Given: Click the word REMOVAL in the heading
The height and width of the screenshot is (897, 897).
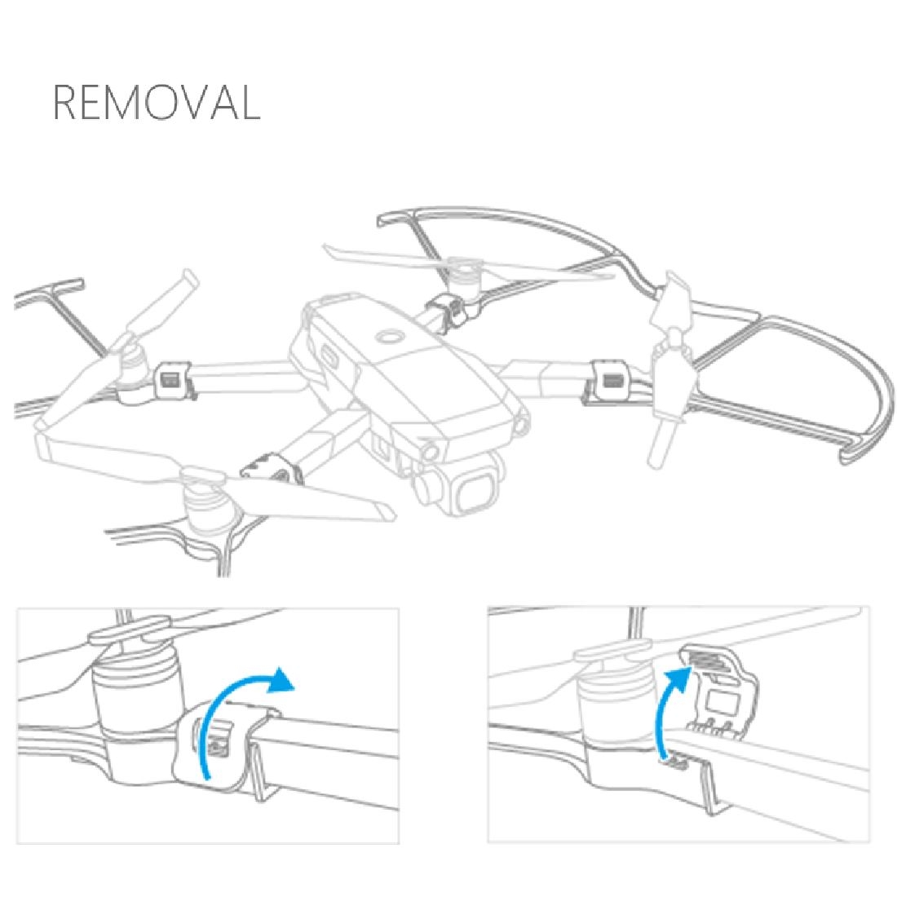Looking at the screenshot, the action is (157, 102).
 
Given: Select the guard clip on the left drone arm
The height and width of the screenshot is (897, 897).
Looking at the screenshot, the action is (174, 379).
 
